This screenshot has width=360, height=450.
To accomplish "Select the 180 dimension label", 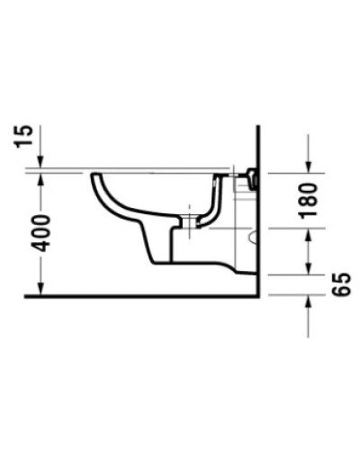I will coord(309,199).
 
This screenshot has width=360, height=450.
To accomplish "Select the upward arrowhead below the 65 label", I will coord(309,303).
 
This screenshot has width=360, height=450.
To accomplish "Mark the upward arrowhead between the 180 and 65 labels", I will coord(309,232).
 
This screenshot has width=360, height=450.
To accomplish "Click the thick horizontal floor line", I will coord(135,296).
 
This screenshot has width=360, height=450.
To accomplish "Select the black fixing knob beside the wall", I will coord(253,178).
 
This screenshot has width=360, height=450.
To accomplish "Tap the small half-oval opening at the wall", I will coord(254,238).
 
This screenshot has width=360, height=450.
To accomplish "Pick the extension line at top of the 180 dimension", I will coord(288,171).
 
